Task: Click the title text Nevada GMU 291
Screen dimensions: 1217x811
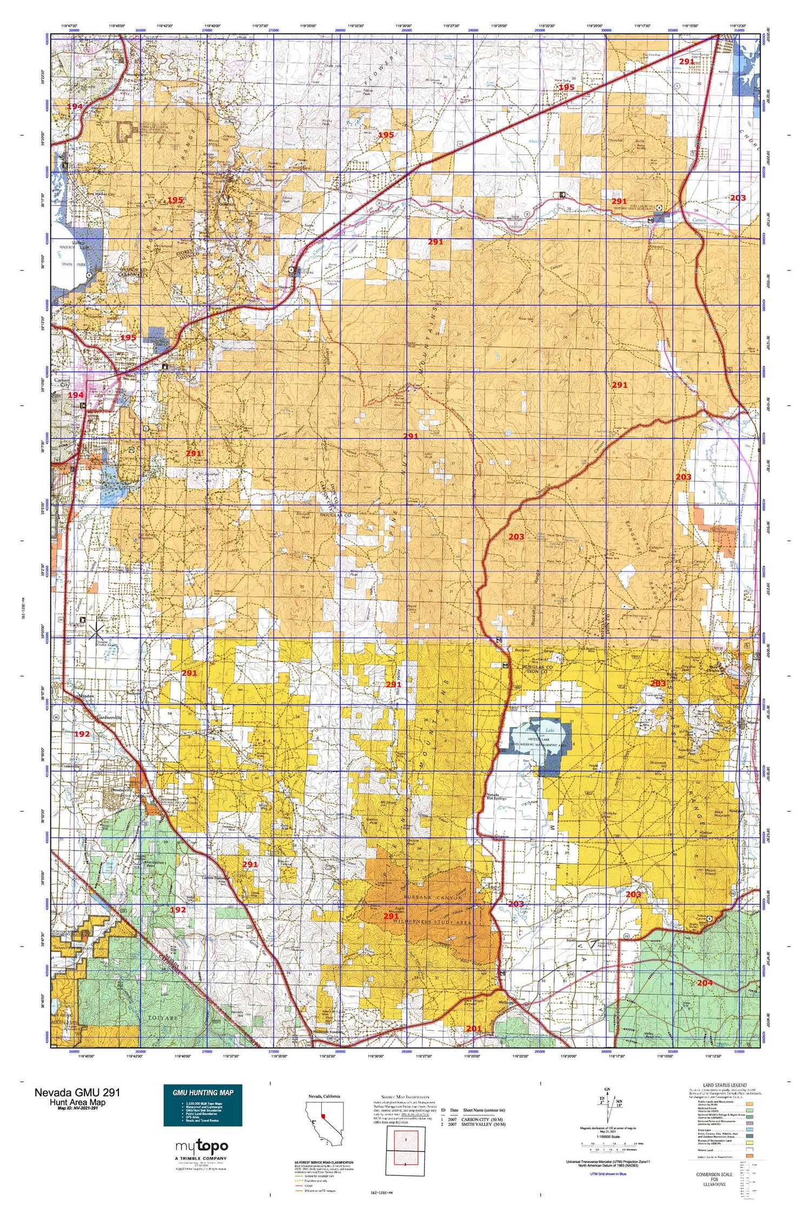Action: pyautogui.click(x=77, y=1092)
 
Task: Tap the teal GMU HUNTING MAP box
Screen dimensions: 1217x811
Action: pyautogui.click(x=203, y=1105)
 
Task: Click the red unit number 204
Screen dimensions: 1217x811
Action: pyautogui.click(x=704, y=983)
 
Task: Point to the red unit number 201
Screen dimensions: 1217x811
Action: pyautogui.click(x=473, y=1028)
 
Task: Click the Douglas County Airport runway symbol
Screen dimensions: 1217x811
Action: pyautogui.click(x=96, y=629)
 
